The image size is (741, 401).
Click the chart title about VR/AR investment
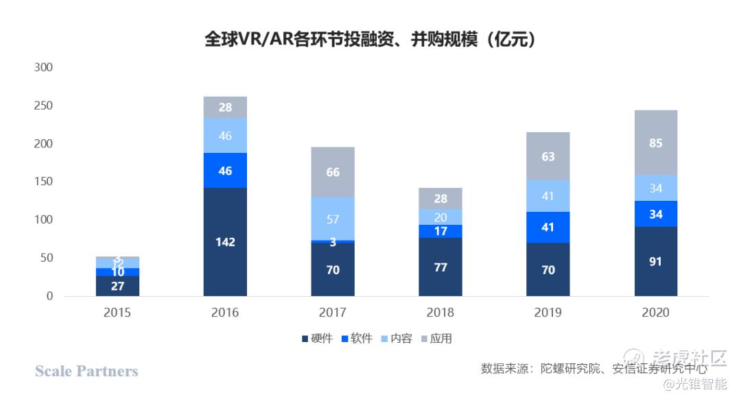tap(370, 38)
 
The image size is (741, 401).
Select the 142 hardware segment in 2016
tap(225, 242)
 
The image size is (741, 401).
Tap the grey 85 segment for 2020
tap(655, 143)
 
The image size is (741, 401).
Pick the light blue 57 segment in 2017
tap(333, 219)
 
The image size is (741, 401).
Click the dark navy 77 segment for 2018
tap(440, 267)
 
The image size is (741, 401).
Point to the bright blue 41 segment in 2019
tap(548, 228)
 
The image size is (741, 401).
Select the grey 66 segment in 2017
tap(333, 172)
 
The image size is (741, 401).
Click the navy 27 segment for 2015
tap(117, 286)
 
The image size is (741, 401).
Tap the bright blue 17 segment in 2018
tap(440, 231)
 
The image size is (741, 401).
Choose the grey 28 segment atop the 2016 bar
tap(225, 107)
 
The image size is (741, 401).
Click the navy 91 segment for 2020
tap(655, 261)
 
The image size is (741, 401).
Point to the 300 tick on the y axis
tap(43, 68)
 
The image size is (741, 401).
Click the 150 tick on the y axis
tap(43, 182)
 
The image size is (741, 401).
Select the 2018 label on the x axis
tap(440, 313)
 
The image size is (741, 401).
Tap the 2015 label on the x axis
tap(117, 313)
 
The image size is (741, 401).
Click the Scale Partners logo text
tap(86, 371)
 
